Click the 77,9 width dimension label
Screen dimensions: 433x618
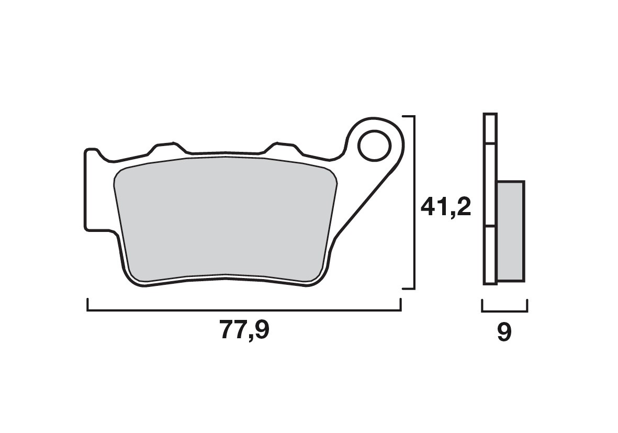244,331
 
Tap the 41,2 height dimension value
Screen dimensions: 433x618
446,208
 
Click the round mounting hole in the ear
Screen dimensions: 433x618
375,145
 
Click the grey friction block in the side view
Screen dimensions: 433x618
510,230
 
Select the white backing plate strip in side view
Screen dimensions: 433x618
490,199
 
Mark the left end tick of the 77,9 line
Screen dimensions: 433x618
88,305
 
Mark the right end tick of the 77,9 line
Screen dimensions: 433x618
400,305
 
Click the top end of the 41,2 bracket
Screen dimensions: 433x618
408,117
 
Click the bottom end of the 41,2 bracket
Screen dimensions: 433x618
408,288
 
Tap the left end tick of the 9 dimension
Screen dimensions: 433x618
482,305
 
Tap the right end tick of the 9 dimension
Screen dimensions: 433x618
527,305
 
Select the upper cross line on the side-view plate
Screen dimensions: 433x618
490,143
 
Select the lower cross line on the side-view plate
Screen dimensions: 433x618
490,227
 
